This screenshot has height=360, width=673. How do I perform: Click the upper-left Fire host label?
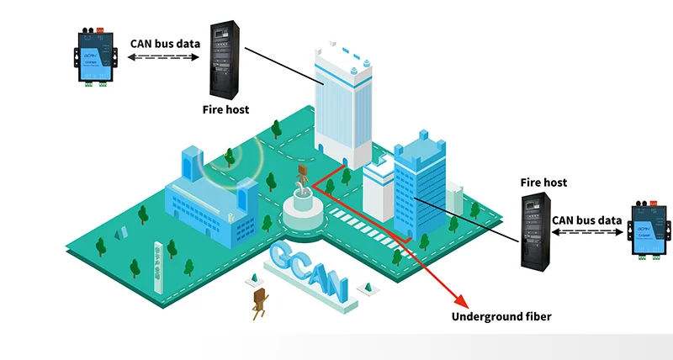(x=225, y=109)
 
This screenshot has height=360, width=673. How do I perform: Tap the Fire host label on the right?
(x=543, y=182)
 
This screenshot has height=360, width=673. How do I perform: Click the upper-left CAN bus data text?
(x=164, y=43)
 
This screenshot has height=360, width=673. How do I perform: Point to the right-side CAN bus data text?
(x=586, y=220)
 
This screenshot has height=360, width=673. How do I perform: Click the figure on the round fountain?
(x=301, y=180)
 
